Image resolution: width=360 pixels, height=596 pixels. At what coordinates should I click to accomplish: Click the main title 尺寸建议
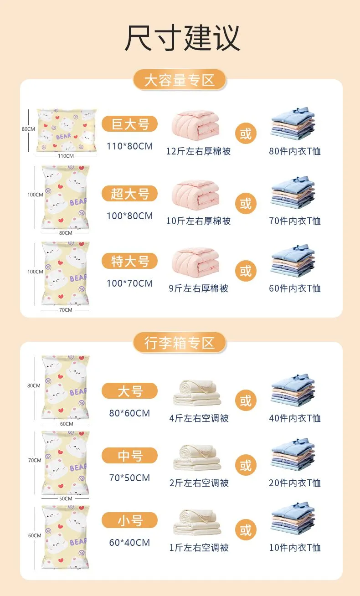pos(183,37)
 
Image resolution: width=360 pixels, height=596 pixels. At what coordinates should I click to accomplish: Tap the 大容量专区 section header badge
pos(180,80)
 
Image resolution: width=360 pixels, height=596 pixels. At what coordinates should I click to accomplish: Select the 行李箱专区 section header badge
pos(180,343)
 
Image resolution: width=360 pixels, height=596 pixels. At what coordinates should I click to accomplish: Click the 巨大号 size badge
pos(129,124)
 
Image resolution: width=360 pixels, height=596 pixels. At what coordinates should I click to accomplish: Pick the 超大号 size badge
pos(129,194)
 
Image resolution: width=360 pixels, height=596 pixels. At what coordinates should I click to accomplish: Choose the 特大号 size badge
pos(129,261)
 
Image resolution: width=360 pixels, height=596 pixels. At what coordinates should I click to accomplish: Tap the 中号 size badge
pos(129,456)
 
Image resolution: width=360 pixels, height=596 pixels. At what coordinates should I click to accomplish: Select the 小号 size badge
pos(129,520)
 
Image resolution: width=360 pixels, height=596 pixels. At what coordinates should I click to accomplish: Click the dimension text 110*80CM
pos(129,146)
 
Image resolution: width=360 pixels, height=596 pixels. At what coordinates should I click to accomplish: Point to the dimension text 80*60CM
pos(129,413)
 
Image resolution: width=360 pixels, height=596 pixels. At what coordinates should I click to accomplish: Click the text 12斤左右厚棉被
pos(199,151)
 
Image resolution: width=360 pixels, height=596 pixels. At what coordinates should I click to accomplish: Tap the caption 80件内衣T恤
pos(295,151)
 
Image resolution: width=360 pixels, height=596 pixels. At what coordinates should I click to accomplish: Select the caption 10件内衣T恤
pos(295,548)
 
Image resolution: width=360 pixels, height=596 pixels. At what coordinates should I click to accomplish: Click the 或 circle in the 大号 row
pos(246,401)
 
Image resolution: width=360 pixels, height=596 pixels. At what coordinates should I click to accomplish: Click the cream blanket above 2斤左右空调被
pos(197,457)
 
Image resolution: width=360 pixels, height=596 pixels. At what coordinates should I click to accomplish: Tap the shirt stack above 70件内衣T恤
pos(293,192)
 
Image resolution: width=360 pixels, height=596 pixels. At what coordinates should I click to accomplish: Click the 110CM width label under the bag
pos(66,156)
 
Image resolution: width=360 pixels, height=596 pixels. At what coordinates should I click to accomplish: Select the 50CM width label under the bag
pos(66,498)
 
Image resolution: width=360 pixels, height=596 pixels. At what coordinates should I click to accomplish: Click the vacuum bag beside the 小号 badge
pos(66,537)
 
